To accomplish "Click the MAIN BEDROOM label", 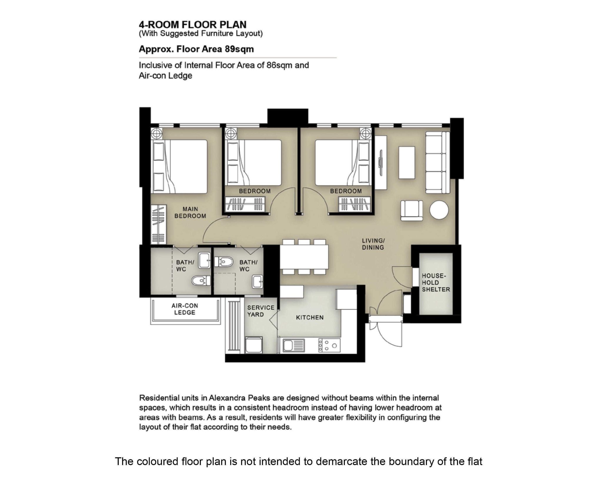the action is (190, 212).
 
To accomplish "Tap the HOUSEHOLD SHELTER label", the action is (436, 283).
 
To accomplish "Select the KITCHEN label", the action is (310, 318).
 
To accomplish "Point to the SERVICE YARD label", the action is (261, 311).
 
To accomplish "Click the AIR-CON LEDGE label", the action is (185, 309).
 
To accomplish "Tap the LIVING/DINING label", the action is (373, 244).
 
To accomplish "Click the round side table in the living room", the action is (439, 210).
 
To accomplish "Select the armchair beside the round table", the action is (412, 210).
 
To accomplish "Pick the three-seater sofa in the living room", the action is (438, 162).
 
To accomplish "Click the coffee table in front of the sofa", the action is (407, 162).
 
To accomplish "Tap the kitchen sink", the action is (294, 345).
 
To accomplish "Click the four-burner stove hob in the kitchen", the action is (329, 345).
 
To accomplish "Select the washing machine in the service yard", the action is (254, 345).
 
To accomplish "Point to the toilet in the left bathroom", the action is (201, 281).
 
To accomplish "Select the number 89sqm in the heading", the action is (239, 49).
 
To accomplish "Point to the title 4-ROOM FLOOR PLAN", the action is (193, 24).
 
